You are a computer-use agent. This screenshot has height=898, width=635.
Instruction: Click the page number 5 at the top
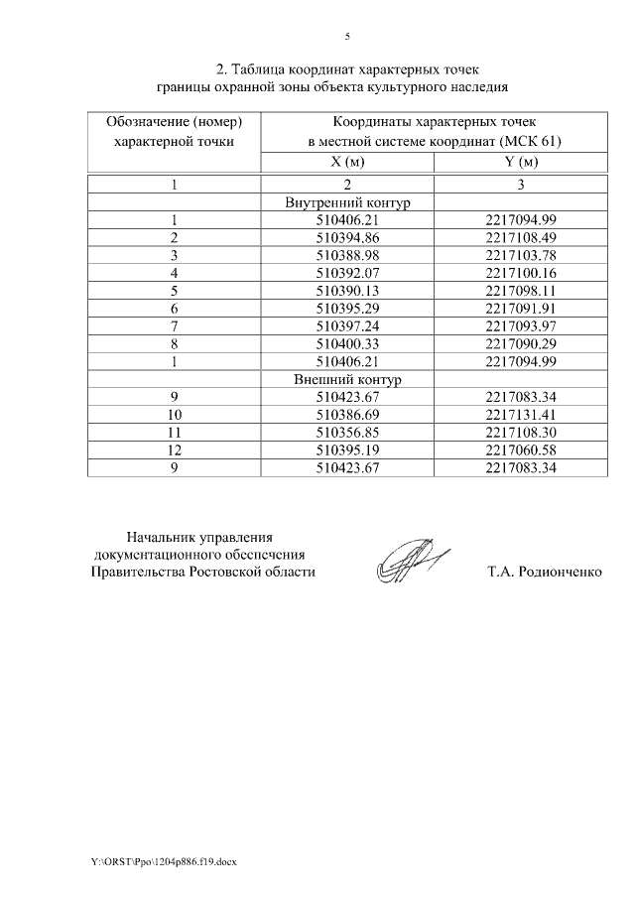point(347,37)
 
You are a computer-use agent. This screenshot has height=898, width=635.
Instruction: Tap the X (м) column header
point(347,163)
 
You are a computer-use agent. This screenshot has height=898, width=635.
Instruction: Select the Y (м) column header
point(521,163)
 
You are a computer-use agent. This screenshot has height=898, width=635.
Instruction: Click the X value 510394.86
point(347,237)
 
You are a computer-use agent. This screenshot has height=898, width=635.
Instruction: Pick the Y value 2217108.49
point(521,237)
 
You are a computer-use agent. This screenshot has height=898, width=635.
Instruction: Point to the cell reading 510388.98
point(347,255)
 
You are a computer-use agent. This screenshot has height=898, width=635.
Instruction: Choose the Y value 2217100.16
point(521,272)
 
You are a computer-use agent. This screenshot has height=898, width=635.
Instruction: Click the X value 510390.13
point(347,290)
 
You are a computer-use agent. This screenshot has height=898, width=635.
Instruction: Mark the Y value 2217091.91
point(521,308)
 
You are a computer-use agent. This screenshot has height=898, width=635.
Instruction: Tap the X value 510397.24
point(347,325)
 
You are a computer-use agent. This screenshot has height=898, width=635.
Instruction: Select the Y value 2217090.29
point(521,343)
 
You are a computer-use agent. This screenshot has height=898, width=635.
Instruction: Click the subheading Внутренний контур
point(347,202)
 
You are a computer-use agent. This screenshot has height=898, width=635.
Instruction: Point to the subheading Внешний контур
point(347,379)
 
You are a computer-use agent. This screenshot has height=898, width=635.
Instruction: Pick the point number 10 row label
point(174,414)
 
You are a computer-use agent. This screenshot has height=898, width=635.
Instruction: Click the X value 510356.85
point(347,432)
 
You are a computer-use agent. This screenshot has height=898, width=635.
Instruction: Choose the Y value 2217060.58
point(521,449)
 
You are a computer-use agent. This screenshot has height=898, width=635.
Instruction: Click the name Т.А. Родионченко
point(545,573)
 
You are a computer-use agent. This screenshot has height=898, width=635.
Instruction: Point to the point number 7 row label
point(174,325)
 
